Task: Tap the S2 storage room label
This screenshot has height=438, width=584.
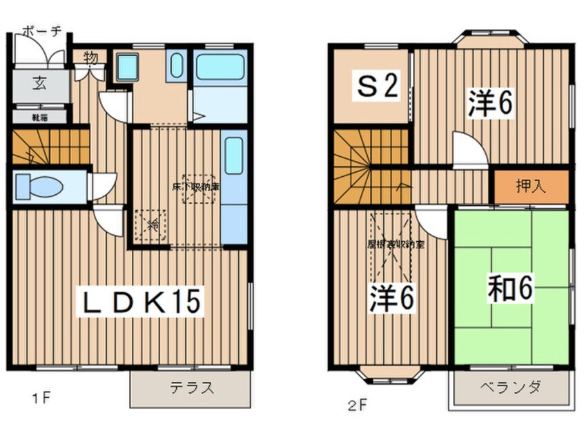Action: coord(377,87)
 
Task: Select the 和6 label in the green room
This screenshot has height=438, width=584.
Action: coord(512,289)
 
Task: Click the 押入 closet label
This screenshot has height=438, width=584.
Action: coord(531,186)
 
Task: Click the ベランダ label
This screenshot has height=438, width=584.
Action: coord(512,387)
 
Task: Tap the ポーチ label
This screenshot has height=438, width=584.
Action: coord(42,30)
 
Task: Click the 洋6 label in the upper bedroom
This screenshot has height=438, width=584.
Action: coord(490,103)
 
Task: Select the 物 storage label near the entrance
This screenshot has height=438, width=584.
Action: coord(90,57)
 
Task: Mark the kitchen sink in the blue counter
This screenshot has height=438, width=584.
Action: coord(233,156)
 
